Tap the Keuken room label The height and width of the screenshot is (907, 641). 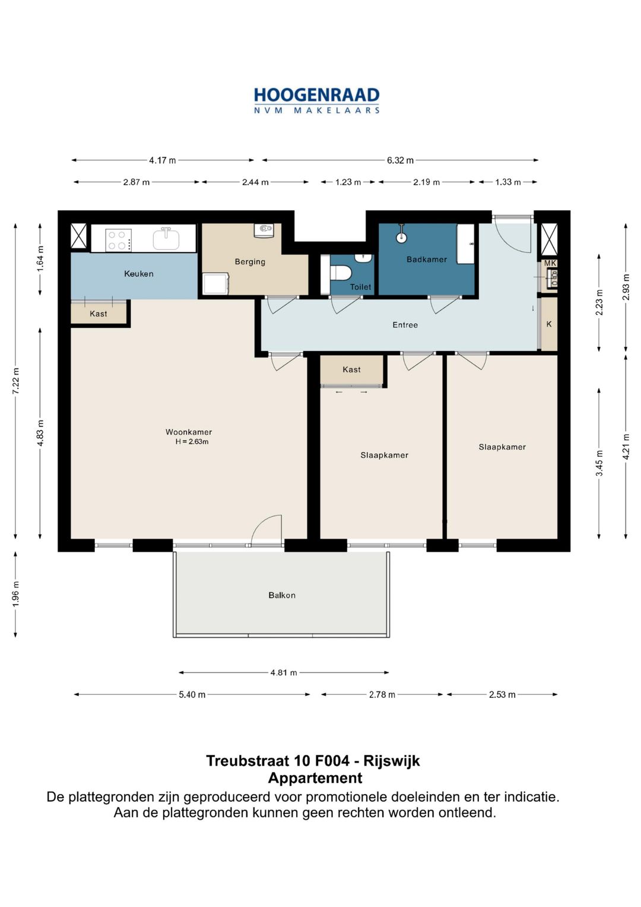pos(139,274)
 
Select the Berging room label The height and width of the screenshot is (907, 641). pos(250,261)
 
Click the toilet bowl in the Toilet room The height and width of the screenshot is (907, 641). pos(340,272)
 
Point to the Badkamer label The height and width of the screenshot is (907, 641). pos(427,260)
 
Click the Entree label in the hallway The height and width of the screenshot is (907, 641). pos(405,325)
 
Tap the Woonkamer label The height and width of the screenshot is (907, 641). pos(189,432)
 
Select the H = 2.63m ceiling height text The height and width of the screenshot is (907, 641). pos(192,442)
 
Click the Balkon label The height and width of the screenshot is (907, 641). pos(282,595)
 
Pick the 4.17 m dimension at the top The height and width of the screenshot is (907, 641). pos(162,160)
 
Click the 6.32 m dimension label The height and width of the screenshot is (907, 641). pos(400,160)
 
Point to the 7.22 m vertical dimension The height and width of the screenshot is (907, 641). pos(15,381)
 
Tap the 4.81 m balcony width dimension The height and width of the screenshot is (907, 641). pos(284,672)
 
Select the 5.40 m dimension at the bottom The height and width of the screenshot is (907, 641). pos(192,695)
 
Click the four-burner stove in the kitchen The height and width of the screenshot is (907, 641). pos(118,240)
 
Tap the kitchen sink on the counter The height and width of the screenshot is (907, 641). pos(166,239)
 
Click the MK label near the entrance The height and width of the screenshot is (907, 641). pos(550,263)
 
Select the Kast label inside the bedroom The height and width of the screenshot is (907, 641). pos(351,369)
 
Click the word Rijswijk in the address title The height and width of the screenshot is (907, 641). pos(392,761)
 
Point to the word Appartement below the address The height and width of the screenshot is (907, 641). pos(315,778)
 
